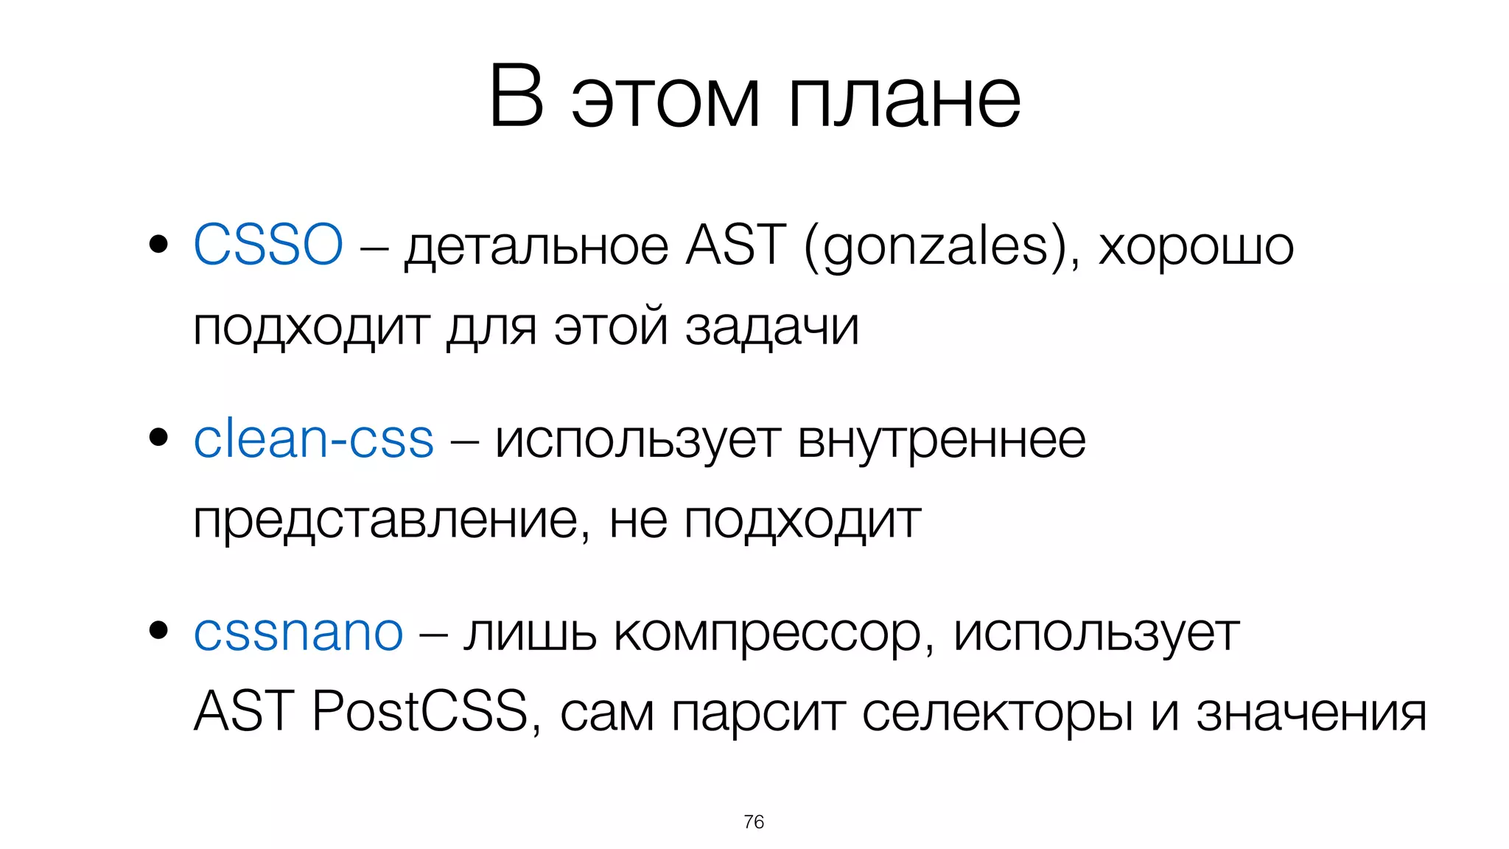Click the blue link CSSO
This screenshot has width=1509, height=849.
[267, 245]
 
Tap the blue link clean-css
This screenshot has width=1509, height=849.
[313, 439]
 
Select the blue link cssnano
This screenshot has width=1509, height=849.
[298, 632]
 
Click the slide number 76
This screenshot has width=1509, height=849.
[754, 822]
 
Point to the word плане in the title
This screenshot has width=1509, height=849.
[904, 99]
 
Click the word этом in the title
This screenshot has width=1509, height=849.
[665, 99]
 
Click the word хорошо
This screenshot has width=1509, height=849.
[1196, 248]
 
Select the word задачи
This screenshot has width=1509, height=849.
[772, 327]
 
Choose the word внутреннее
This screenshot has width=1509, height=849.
[942, 441]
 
